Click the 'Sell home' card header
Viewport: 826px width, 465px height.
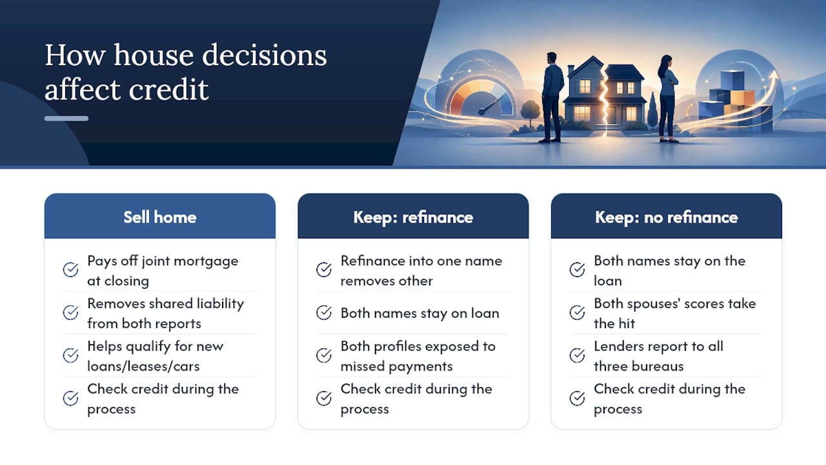click(x=159, y=216)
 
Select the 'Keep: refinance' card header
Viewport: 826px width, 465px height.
click(x=413, y=216)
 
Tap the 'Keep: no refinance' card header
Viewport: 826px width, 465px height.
click(x=667, y=216)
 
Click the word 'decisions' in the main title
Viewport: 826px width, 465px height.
click(x=265, y=56)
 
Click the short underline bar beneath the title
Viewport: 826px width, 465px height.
click(x=66, y=118)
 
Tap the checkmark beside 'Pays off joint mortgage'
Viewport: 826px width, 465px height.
click(x=70, y=269)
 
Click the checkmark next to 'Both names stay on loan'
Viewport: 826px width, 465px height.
click(x=324, y=313)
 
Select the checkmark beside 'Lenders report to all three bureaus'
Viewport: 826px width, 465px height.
click(x=577, y=355)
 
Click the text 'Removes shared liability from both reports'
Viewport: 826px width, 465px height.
click(x=166, y=313)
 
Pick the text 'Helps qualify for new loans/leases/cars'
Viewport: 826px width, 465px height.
click(x=156, y=356)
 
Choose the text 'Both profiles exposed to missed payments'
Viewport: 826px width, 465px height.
click(x=418, y=356)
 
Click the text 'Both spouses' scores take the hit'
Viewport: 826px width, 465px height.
click(x=675, y=313)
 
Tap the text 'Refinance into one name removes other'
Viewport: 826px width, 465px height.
click(x=421, y=271)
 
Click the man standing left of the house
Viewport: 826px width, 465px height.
click(x=552, y=98)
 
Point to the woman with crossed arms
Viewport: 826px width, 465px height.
click(x=668, y=99)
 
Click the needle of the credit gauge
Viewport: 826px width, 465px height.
click(x=491, y=105)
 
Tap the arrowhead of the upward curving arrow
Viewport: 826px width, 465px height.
click(x=774, y=76)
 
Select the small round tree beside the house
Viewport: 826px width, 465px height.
click(x=530, y=112)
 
